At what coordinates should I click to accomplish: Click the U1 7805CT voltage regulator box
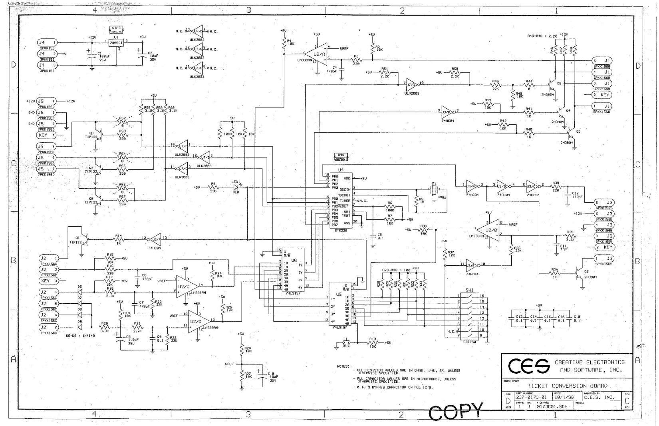click(116, 43)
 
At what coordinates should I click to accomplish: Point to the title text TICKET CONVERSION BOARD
click(567, 386)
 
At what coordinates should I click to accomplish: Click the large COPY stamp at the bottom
click(456, 411)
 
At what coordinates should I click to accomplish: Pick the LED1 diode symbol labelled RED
click(236, 187)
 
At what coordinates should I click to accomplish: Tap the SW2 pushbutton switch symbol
click(346, 343)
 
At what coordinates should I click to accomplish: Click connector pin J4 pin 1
click(47, 42)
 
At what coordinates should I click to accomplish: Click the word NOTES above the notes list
click(343, 366)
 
